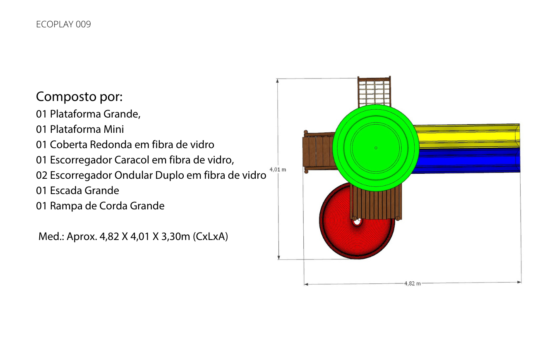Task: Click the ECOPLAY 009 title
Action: (63, 24)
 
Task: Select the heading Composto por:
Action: (79, 97)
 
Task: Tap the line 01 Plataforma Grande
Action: (88, 114)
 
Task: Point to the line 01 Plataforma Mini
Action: (80, 129)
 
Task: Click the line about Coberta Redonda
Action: (125, 145)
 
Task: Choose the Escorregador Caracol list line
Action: (135, 160)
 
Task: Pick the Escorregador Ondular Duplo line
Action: (151, 175)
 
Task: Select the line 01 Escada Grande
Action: (78, 190)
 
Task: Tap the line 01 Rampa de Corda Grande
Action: (100, 206)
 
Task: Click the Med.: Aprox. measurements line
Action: (133, 237)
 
